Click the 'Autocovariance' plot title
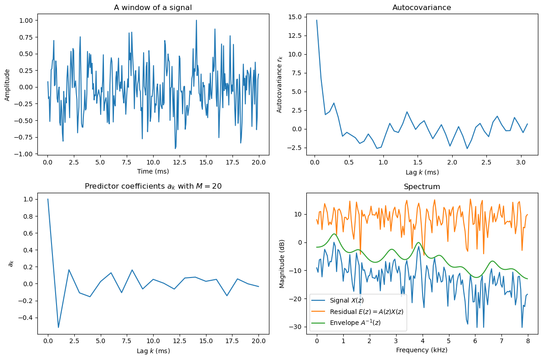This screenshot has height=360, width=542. click(x=422, y=7)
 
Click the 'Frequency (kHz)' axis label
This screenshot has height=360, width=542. click(x=422, y=350)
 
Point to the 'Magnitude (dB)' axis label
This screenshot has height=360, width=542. click(x=282, y=263)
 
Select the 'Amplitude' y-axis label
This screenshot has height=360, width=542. click(x=7, y=85)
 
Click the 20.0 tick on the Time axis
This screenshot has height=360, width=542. click(x=258, y=162)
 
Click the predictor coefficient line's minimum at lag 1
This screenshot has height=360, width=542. click(x=58, y=327)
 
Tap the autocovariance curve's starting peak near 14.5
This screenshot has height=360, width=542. click(x=317, y=21)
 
